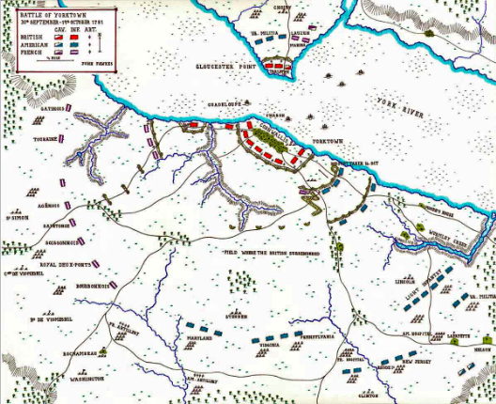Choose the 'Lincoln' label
(x=406, y=281)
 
